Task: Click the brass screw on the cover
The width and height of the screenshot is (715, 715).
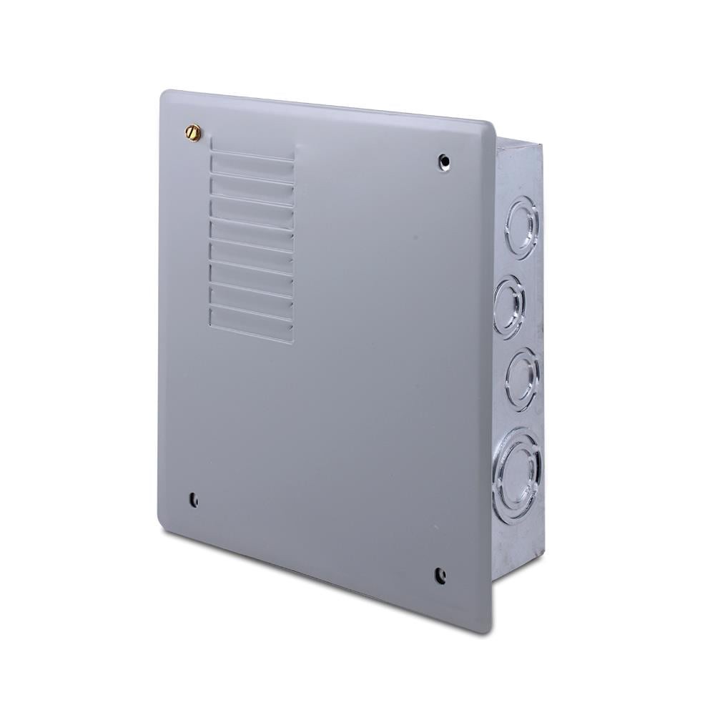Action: pyautogui.click(x=193, y=132)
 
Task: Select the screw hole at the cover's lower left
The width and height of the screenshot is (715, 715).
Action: pyautogui.click(x=193, y=500)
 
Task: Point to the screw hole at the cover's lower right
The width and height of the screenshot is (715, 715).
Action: pyautogui.click(x=440, y=573)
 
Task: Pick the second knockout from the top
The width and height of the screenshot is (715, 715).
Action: pyautogui.click(x=509, y=305)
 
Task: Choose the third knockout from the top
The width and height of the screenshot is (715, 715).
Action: pyautogui.click(x=523, y=378)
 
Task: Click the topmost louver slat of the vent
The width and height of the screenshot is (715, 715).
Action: pyautogui.click(x=252, y=159)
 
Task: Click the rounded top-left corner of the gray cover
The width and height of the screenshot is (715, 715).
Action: pyautogui.click(x=165, y=95)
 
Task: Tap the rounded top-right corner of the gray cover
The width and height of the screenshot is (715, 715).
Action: pyautogui.click(x=488, y=127)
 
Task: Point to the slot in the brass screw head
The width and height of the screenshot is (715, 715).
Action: pyautogui.click(x=193, y=132)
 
